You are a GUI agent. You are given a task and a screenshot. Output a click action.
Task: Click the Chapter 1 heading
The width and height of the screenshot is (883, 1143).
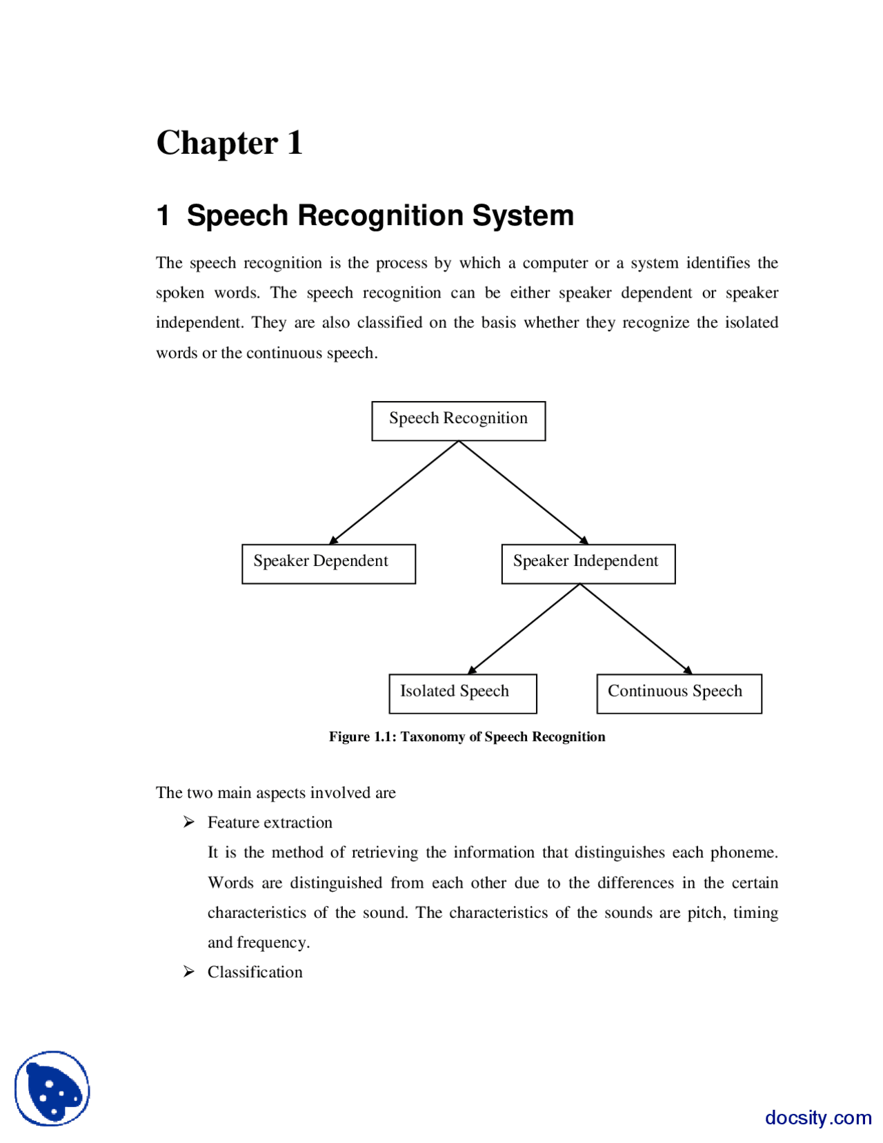[229, 143]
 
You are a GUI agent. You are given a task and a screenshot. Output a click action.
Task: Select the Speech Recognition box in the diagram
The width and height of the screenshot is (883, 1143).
[458, 420]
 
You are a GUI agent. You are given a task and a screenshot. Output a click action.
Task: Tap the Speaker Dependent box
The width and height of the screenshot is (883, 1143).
[328, 563]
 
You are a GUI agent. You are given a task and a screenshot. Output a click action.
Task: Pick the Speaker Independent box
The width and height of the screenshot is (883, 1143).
[588, 563]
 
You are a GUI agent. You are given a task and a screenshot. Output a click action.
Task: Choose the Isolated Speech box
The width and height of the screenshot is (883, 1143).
[462, 693]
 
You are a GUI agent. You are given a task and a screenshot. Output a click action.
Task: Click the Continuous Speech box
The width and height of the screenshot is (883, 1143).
[678, 693]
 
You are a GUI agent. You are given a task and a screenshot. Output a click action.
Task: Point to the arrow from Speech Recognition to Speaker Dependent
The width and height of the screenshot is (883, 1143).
[394, 492]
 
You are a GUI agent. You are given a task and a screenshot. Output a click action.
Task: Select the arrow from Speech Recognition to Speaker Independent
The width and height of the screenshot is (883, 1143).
[523, 492]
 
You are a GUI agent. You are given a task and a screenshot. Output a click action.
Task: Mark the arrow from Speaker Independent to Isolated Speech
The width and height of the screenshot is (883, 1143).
[524, 628]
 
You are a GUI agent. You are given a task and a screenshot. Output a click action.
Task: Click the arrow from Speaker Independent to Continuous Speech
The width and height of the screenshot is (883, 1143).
[635, 628]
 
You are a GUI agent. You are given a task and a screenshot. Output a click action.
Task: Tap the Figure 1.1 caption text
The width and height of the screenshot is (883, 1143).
[466, 736]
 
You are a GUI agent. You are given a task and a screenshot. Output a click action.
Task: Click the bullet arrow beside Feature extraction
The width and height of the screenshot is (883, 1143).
[189, 821]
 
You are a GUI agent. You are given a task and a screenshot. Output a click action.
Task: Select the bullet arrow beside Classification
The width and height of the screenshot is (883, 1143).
[189, 971]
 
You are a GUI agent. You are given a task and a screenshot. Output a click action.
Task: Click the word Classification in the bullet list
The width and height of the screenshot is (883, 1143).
[255, 972]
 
